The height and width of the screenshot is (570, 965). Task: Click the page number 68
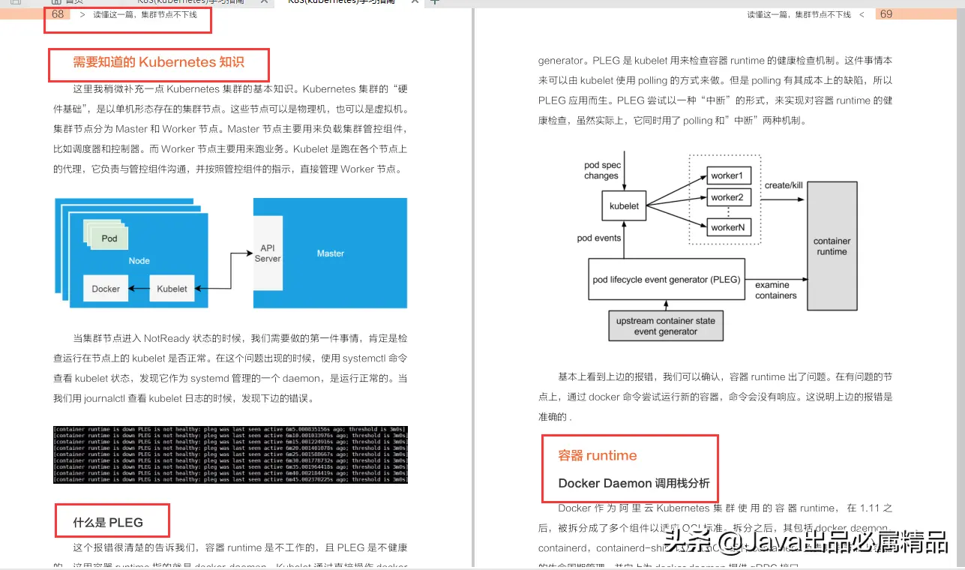pyautogui.click(x=58, y=14)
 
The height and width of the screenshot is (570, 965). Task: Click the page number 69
pyautogui.click(x=886, y=14)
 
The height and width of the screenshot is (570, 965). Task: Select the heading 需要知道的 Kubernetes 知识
pyautogui.click(x=159, y=62)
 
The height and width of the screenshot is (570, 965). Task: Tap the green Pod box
pyautogui.click(x=109, y=238)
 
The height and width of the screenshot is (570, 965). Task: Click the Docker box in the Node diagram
pyautogui.click(x=106, y=289)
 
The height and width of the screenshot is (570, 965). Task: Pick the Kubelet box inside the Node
pyautogui.click(x=172, y=289)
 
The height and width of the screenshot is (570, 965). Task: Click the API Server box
pyautogui.click(x=268, y=253)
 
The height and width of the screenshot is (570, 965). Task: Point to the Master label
pyautogui.click(x=331, y=253)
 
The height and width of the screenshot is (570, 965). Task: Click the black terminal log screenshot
pyautogui.click(x=230, y=454)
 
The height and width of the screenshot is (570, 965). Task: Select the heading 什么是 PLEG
pyautogui.click(x=108, y=523)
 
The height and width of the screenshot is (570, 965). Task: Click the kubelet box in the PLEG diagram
pyautogui.click(x=624, y=205)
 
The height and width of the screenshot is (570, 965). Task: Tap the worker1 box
pyautogui.click(x=727, y=176)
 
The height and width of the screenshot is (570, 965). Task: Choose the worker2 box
pyautogui.click(x=727, y=198)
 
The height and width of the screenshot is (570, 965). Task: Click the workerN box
pyautogui.click(x=727, y=226)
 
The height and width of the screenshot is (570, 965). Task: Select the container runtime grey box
pyautogui.click(x=832, y=247)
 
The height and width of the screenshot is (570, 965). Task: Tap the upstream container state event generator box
pyautogui.click(x=666, y=326)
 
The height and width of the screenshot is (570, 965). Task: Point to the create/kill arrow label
pyautogui.click(x=784, y=185)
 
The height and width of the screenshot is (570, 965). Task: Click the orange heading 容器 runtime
pyautogui.click(x=598, y=455)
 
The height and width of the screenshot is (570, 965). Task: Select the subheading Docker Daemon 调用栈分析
pyautogui.click(x=634, y=484)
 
